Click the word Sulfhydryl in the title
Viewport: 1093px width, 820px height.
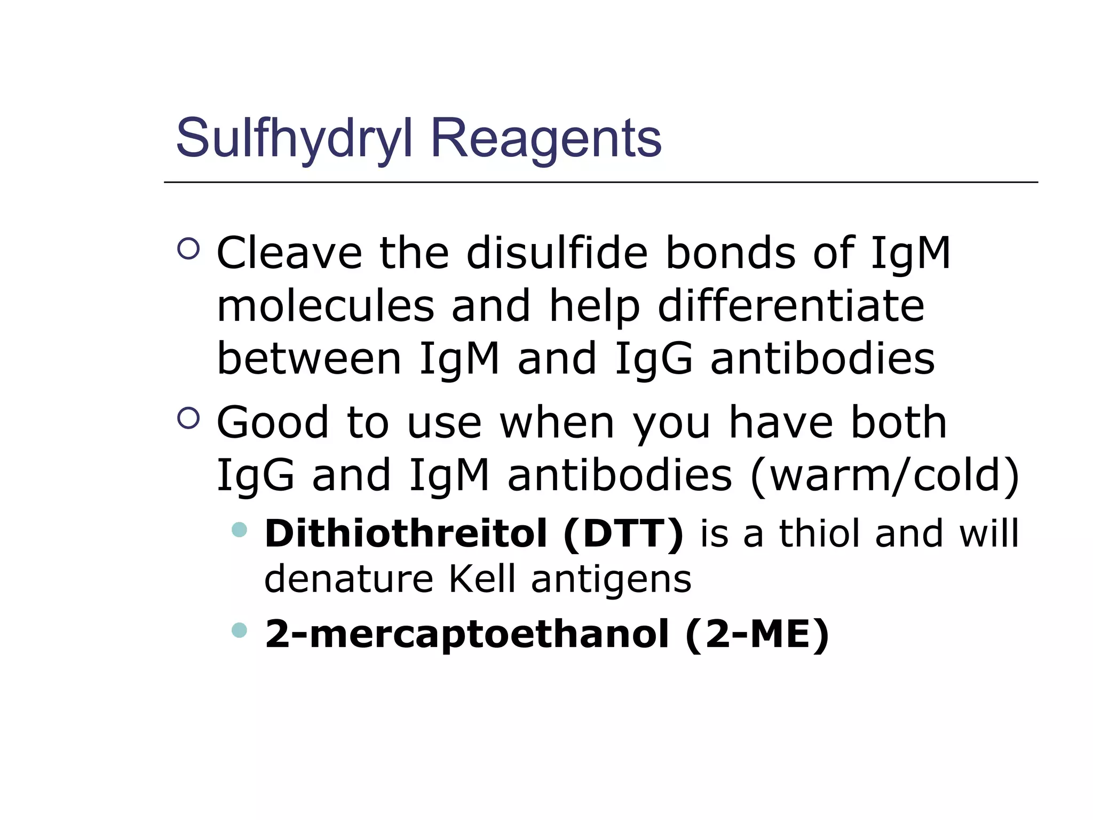pyautogui.click(x=294, y=139)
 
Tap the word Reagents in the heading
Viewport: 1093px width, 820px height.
pyautogui.click(x=546, y=139)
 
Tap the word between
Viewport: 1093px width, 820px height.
pyautogui.click(x=309, y=358)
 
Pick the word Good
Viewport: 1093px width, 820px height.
pyautogui.click(x=273, y=422)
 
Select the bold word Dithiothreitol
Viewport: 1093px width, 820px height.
pyautogui.click(x=406, y=533)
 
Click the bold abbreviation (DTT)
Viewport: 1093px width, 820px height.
pyautogui.click(x=623, y=533)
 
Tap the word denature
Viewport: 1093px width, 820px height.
pyautogui.click(x=349, y=579)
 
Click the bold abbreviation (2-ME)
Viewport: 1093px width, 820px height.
pyautogui.click(x=757, y=634)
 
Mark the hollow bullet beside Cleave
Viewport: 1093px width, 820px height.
pyautogui.click(x=188, y=249)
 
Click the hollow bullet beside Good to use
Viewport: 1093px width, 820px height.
pyautogui.click(x=188, y=418)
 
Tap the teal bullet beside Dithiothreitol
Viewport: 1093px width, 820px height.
pyautogui.click(x=240, y=530)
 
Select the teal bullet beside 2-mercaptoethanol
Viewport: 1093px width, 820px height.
pyautogui.click(x=240, y=630)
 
